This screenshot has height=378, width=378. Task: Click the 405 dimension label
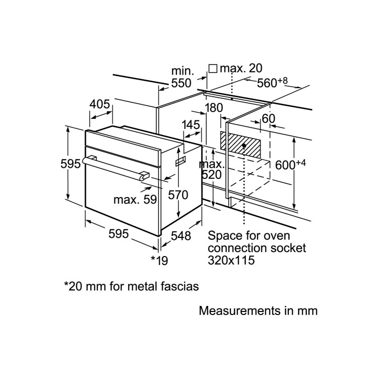[x=100, y=104]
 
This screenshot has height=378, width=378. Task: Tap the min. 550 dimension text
[x=181, y=77]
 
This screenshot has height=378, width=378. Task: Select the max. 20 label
[x=241, y=68]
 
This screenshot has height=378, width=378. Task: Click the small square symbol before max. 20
[x=213, y=69]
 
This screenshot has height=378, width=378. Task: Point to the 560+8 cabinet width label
[x=272, y=83]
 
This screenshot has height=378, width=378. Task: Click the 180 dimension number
[x=214, y=108]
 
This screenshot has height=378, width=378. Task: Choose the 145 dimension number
[x=191, y=125]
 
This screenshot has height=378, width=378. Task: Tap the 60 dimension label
[x=268, y=118]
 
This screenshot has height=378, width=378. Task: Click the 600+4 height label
[x=290, y=165]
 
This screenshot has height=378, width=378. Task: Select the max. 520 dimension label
[x=211, y=169]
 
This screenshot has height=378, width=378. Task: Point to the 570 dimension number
[x=178, y=195]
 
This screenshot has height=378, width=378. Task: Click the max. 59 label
[x=135, y=200]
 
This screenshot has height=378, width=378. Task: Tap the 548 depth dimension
[x=181, y=236]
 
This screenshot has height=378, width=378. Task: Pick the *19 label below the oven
[x=159, y=261]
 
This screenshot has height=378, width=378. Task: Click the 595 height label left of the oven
[x=71, y=164]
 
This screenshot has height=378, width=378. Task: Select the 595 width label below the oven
[x=118, y=233]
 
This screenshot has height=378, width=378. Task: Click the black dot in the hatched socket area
[x=244, y=146]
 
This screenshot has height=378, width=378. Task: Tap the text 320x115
[x=231, y=260]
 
